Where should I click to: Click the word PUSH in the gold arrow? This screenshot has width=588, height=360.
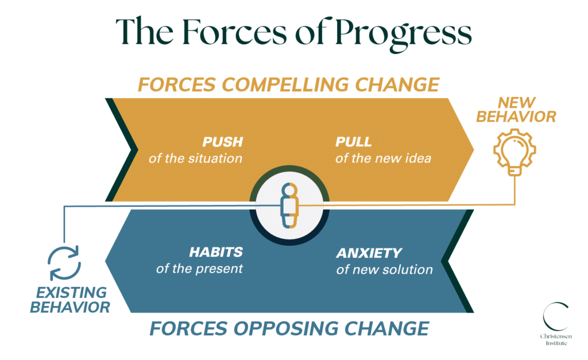pyautogui.click(x=223, y=142)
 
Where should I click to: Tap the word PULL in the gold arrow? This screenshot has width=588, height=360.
pyautogui.click(x=353, y=142)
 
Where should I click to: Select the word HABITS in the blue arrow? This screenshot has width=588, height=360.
pyautogui.click(x=216, y=252)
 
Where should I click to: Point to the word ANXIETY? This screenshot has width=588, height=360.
pyautogui.click(x=369, y=253)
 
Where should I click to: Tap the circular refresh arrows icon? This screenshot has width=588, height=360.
pyautogui.click(x=64, y=263)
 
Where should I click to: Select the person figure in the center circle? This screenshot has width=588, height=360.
pyautogui.click(x=289, y=206)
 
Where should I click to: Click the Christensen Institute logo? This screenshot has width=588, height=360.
pyautogui.click(x=556, y=324)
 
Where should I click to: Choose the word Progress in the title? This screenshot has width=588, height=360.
pyautogui.click(x=403, y=33)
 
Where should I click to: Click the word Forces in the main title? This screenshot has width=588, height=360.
pyautogui.click(x=235, y=32)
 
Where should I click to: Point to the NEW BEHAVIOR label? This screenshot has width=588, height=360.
pyautogui.click(x=516, y=110)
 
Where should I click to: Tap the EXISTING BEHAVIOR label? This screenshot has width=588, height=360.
pyautogui.click(x=70, y=300)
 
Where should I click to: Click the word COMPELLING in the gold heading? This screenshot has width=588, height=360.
pyautogui.click(x=286, y=84)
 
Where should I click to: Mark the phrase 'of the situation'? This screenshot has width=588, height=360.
pyautogui.click(x=195, y=158)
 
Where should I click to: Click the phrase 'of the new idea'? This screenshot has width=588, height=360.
pyautogui.click(x=383, y=158)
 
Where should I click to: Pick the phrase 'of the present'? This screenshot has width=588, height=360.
pyautogui.click(x=199, y=269)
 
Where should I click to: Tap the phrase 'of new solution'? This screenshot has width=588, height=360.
pyautogui.click(x=384, y=269)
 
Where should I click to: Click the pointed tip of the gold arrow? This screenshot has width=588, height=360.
pyautogui.click(x=473, y=150)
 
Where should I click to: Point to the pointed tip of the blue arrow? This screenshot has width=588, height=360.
pyautogui.click(x=106, y=261)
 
